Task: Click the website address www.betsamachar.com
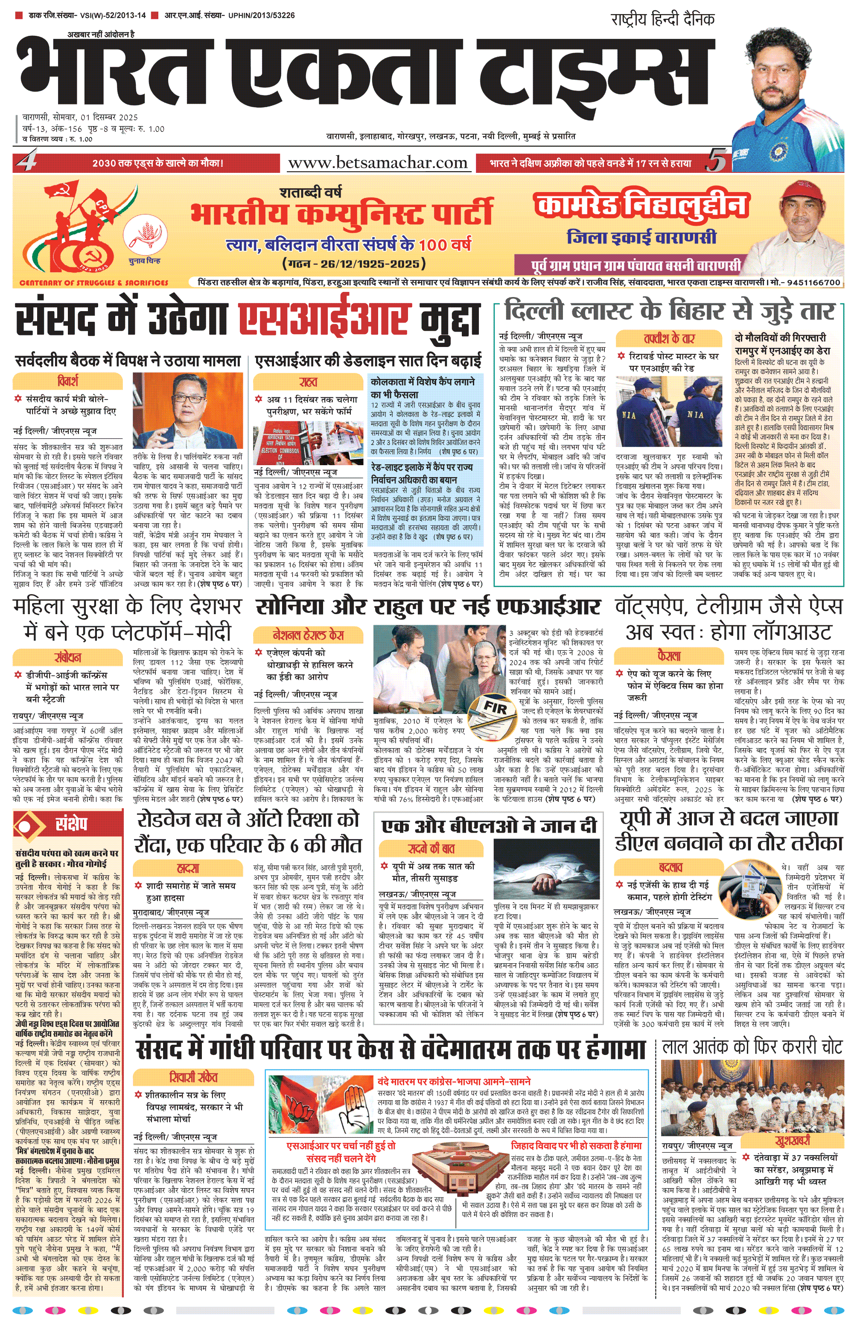tap(378, 163)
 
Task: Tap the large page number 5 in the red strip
tap(717, 162)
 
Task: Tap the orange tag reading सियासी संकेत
tap(193, 1077)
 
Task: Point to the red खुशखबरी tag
tap(793, 1141)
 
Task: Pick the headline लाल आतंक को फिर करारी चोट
tap(752, 1048)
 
